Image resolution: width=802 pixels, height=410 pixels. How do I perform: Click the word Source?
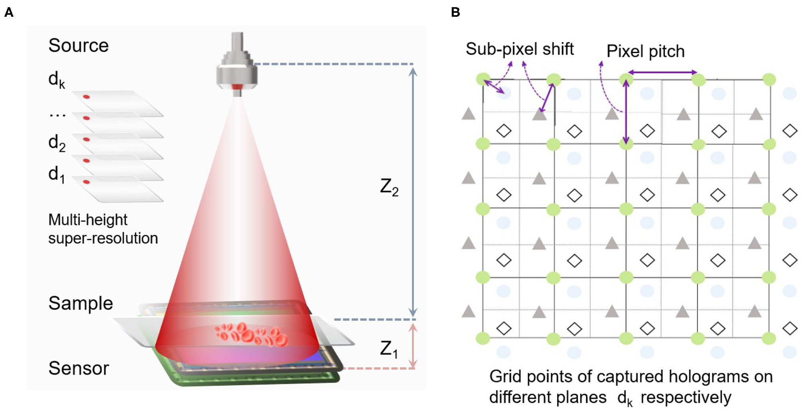[x=78, y=45]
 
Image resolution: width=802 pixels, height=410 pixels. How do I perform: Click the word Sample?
[x=81, y=304]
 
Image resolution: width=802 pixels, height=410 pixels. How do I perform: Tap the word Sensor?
[x=79, y=368]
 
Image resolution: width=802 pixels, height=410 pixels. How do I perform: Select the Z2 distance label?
[x=389, y=187]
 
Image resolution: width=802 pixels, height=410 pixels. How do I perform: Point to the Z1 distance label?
[x=389, y=349]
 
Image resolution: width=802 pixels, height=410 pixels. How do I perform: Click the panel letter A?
[x=9, y=12]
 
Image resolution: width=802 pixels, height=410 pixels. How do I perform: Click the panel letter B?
[x=455, y=12]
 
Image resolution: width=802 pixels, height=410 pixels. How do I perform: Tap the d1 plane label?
[x=56, y=174]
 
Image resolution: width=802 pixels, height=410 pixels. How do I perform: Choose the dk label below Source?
[x=56, y=79]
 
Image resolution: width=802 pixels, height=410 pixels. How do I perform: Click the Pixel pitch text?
[x=645, y=51]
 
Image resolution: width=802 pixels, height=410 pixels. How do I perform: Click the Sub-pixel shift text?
[x=519, y=49]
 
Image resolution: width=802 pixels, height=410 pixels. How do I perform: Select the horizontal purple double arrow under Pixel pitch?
[x=662, y=72]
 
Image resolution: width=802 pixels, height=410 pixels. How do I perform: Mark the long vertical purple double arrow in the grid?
[x=626, y=112]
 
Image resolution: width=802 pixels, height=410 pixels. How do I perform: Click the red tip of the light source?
[x=237, y=87]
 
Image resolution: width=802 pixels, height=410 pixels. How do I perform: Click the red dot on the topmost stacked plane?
[x=86, y=97]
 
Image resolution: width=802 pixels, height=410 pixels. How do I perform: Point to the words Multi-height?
[x=88, y=220]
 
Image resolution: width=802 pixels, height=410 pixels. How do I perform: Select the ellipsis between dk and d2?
[x=58, y=115]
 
